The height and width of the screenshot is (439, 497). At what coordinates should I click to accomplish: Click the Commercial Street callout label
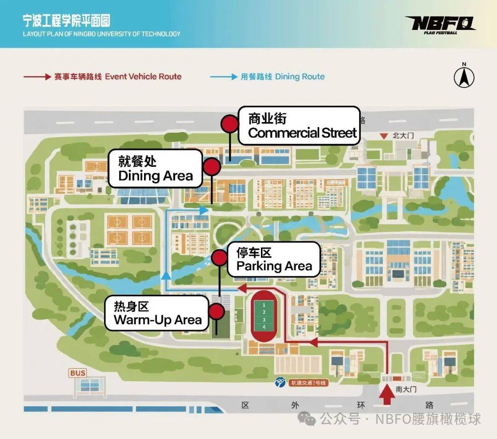[299, 126]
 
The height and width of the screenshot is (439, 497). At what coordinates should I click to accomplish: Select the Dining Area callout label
[156, 169]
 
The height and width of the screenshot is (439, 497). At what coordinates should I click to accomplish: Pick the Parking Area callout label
[274, 259]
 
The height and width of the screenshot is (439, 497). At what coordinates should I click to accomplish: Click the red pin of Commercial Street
[230, 124]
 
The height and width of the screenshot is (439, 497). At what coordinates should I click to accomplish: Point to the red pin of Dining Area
[212, 167]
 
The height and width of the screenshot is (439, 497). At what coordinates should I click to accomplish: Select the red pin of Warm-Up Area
[216, 311]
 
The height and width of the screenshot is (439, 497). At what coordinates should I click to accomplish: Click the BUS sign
[78, 373]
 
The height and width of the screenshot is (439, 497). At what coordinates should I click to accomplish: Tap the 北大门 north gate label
[403, 136]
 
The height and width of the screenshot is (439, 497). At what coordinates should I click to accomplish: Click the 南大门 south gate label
[406, 389]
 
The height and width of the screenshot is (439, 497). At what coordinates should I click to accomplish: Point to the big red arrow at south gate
[387, 394]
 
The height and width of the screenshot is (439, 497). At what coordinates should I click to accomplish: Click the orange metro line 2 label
[308, 383]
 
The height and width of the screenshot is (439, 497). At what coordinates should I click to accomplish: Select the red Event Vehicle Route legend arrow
[37, 77]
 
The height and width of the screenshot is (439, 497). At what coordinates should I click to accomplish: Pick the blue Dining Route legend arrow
[224, 77]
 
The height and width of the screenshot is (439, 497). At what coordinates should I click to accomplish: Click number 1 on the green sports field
[264, 305]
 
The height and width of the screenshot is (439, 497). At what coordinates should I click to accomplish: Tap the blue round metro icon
[280, 382]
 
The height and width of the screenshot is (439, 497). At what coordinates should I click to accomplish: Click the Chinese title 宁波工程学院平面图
[67, 21]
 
